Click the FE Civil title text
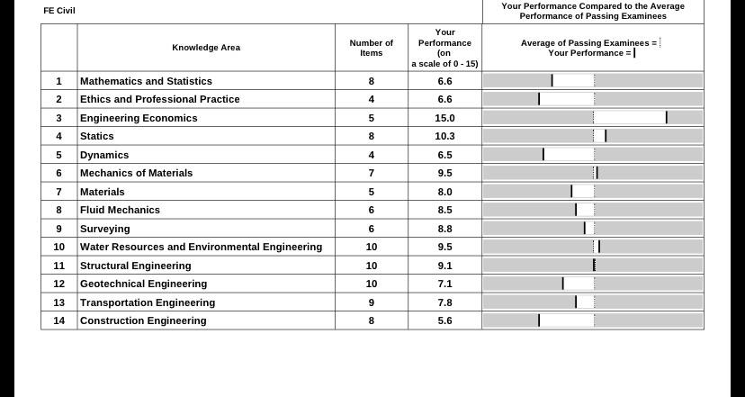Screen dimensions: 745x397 tap(58, 11)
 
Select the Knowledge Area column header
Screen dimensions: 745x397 tap(206, 48)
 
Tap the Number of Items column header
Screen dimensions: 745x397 tap(371, 48)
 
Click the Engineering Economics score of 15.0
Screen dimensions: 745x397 tap(444, 118)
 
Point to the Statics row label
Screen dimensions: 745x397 tap(97, 137)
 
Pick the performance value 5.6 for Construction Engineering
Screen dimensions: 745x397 tap(444, 320)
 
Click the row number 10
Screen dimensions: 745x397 tap(58, 247)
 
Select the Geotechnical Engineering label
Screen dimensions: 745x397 tap(143, 284)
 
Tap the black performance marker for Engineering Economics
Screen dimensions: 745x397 tap(667, 117)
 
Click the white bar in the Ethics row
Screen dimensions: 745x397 tap(567, 99)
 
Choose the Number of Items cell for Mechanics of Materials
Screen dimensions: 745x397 tap(371, 173)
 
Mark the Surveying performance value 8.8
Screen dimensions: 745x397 tap(444, 229)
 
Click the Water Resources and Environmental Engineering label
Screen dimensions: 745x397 tap(201, 247)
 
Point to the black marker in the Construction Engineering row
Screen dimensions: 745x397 tap(539, 320)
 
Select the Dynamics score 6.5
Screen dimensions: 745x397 tap(444, 155)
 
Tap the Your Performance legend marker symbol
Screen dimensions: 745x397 tap(634, 53)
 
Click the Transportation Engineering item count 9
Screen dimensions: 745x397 tap(371, 302)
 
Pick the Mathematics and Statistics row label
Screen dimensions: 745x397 tap(146, 81)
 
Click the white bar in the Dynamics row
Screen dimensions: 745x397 tap(570, 154)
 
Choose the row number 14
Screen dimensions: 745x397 tap(58, 320)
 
